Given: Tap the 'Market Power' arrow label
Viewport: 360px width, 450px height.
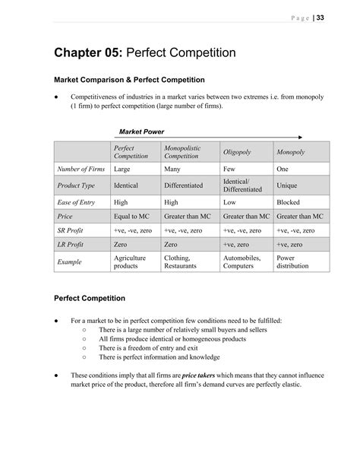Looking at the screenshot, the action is [x=142, y=132].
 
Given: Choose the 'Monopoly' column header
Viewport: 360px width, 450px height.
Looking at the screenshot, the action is [x=291, y=152].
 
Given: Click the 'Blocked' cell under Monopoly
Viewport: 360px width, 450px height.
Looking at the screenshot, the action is [x=289, y=203].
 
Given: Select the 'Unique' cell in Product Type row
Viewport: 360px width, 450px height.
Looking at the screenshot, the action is [x=288, y=185].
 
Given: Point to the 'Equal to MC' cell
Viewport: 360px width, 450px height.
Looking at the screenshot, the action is [x=131, y=217].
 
